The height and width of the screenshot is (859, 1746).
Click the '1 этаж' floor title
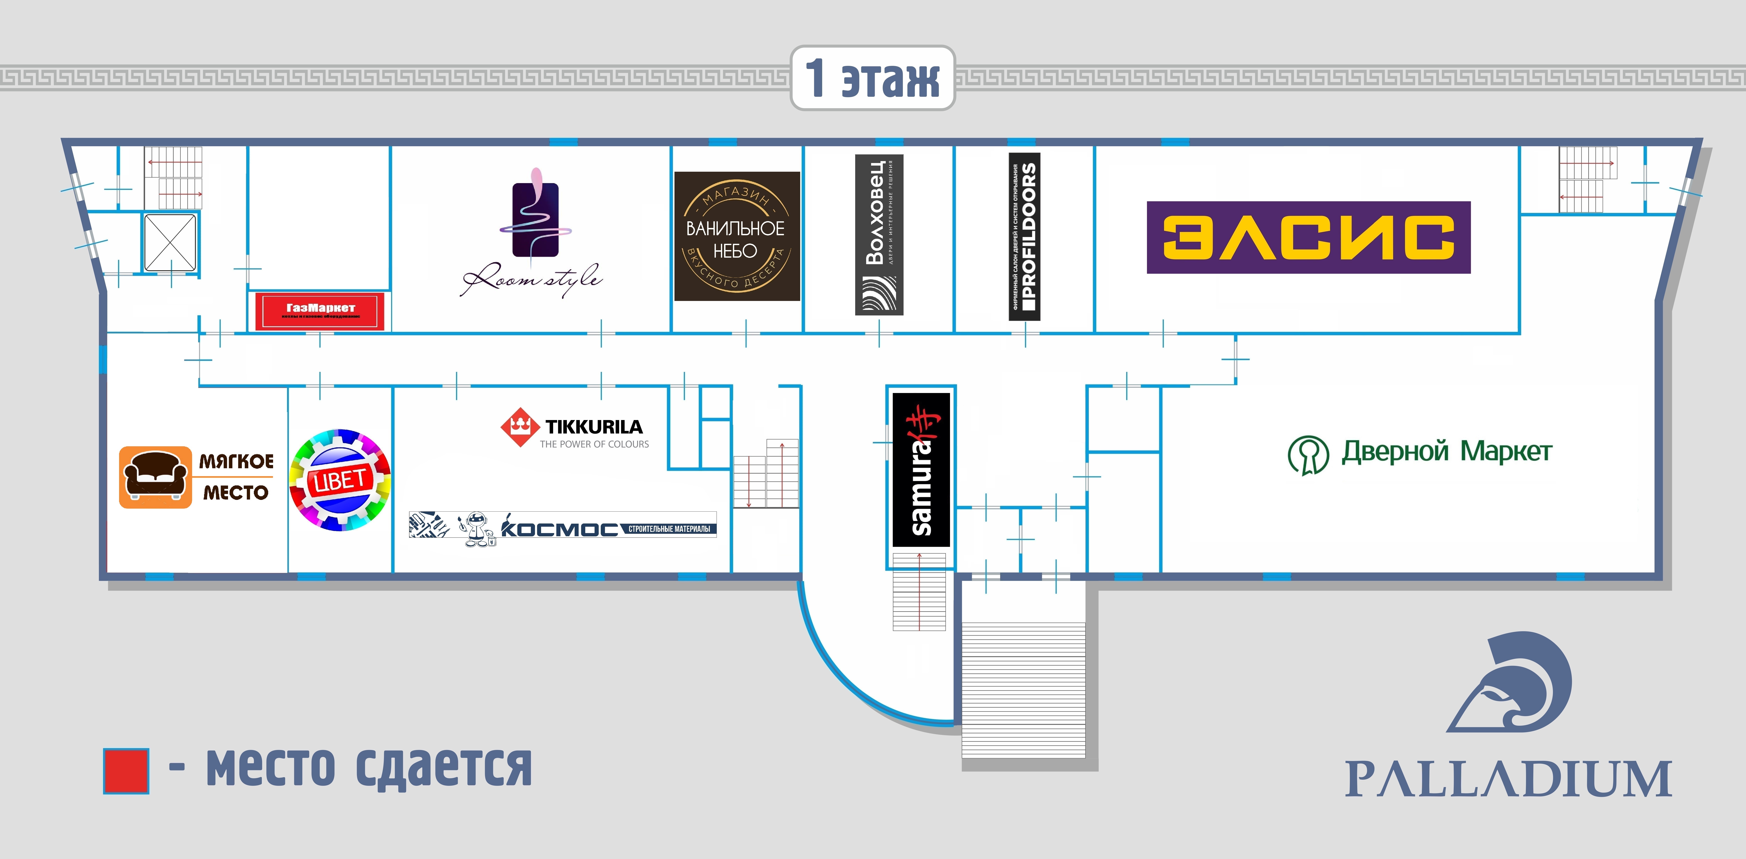click(x=872, y=78)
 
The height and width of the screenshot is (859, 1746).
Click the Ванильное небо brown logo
click(x=737, y=236)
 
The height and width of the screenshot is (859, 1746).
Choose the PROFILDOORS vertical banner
click(x=1024, y=236)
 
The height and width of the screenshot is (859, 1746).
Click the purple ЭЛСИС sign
click(x=1308, y=237)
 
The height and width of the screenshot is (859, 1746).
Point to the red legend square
click(x=126, y=771)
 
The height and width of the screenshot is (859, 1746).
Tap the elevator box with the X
click(x=169, y=242)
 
